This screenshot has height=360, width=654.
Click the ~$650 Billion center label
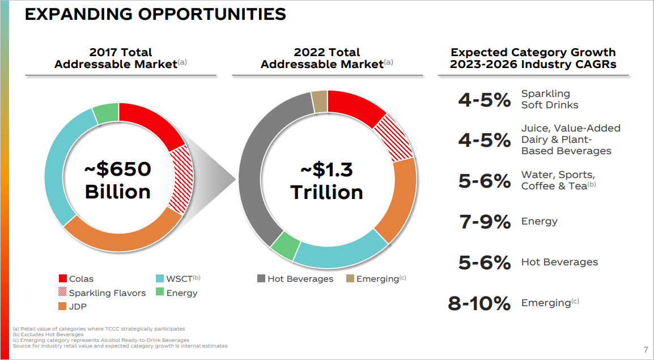pos(118,180)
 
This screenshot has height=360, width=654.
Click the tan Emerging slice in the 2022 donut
pos(319,100)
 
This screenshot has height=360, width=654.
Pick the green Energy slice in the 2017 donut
pos(105,113)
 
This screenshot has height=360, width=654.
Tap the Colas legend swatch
pos(63,278)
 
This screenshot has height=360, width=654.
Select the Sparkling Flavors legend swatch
pos(63,293)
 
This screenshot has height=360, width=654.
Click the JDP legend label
pos(78,307)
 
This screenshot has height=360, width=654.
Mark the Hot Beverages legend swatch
pos(261,278)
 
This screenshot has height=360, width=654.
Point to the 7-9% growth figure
pos(485,222)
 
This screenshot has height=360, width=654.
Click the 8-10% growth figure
pos(479,303)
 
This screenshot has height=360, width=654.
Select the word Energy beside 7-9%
pos(539,221)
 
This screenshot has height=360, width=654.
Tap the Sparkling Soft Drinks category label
pos(549,99)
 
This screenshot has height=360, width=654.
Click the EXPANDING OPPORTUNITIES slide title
pos(155,14)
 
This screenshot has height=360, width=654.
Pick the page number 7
pos(646,349)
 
